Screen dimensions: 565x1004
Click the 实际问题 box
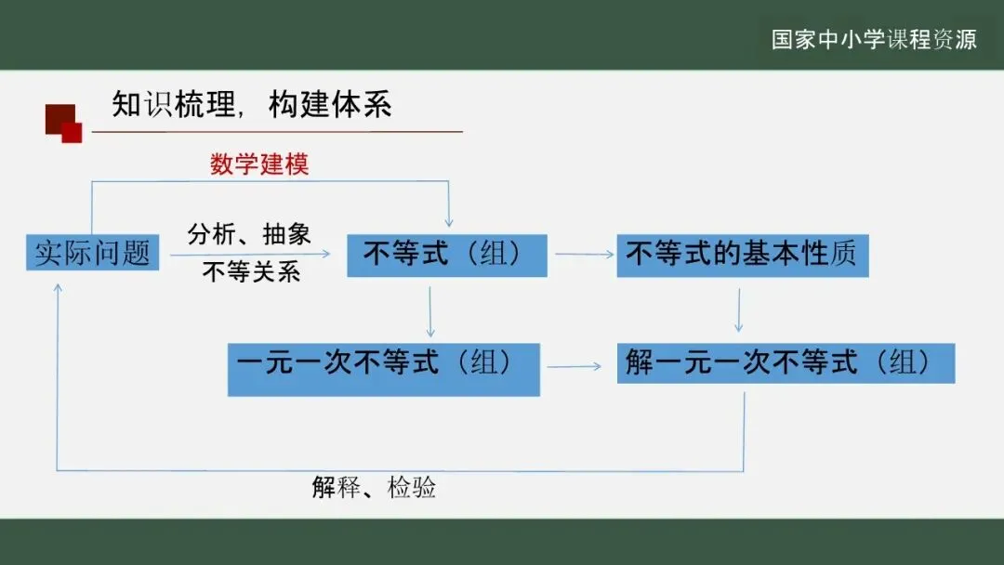[92, 253]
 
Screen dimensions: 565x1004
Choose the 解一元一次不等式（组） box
[786, 363]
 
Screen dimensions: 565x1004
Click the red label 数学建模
[259, 165]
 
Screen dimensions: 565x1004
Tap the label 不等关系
[251, 273]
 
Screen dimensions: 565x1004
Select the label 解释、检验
[374, 488]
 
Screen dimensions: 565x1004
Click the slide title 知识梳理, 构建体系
[251, 105]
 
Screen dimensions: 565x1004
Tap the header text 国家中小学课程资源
[874, 40]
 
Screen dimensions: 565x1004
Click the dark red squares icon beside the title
[63, 124]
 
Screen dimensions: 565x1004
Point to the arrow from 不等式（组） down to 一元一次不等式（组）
[430, 311]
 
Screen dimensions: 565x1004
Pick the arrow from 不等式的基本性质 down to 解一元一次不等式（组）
[739, 309]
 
